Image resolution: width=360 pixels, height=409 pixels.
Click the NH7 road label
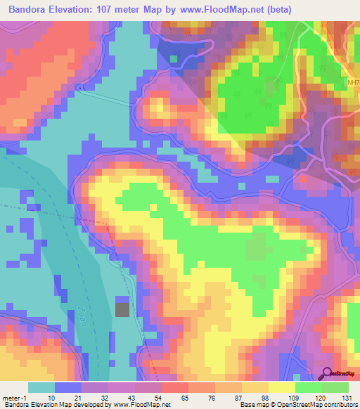tap(353, 82)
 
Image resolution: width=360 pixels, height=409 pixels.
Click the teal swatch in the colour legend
tap(42, 387)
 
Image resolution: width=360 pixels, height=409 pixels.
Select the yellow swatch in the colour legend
tap(281, 387)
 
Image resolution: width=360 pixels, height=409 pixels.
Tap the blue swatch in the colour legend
tap(69, 387)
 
